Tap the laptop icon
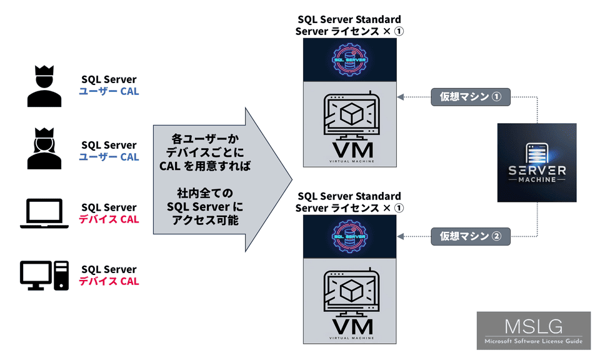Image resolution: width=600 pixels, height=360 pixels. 44,213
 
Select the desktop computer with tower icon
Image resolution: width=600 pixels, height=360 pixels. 44,276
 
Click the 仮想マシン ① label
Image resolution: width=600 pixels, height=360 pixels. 471,97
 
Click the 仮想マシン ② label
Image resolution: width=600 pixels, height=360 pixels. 471,236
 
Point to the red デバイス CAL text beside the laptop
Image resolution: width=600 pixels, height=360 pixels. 109,219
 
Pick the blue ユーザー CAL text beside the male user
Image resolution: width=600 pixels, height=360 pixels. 109,92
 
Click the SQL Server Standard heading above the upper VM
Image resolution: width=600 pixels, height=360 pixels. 349,20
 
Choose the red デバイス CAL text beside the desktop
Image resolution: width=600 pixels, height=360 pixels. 109,281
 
